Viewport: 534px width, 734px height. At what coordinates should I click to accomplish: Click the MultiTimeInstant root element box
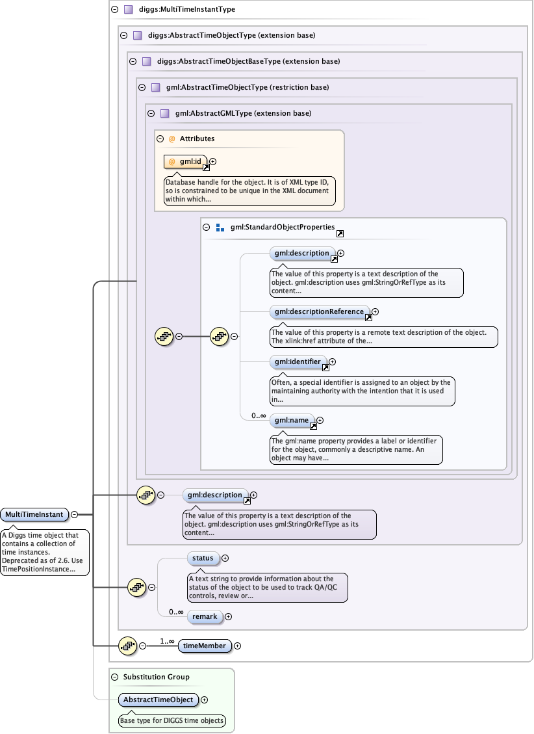click(x=34, y=514)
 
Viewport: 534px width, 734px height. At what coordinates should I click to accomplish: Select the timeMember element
click(x=205, y=646)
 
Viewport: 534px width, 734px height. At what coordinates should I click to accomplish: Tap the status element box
click(x=203, y=558)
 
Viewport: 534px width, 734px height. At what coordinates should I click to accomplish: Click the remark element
click(x=205, y=616)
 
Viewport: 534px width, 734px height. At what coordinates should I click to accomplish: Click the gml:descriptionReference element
click(x=319, y=312)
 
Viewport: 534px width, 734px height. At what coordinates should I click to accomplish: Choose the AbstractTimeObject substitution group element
click(x=159, y=700)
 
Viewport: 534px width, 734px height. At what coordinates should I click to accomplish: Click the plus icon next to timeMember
click(x=237, y=646)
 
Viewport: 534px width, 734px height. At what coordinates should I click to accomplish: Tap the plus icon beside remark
click(x=228, y=616)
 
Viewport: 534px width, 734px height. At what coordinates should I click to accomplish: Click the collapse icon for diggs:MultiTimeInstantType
click(x=114, y=10)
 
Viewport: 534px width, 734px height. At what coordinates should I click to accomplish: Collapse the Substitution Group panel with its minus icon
click(x=114, y=677)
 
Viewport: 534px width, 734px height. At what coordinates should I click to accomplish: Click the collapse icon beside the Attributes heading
click(x=160, y=138)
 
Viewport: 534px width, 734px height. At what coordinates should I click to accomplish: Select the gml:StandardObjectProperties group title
click(x=282, y=228)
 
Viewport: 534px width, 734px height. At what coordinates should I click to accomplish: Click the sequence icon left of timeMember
click(x=128, y=646)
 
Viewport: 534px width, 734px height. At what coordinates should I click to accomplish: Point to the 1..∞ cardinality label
click(x=168, y=641)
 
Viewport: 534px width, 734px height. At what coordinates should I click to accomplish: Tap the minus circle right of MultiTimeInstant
click(x=74, y=514)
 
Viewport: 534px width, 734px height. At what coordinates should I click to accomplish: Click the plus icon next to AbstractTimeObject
click(x=205, y=700)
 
